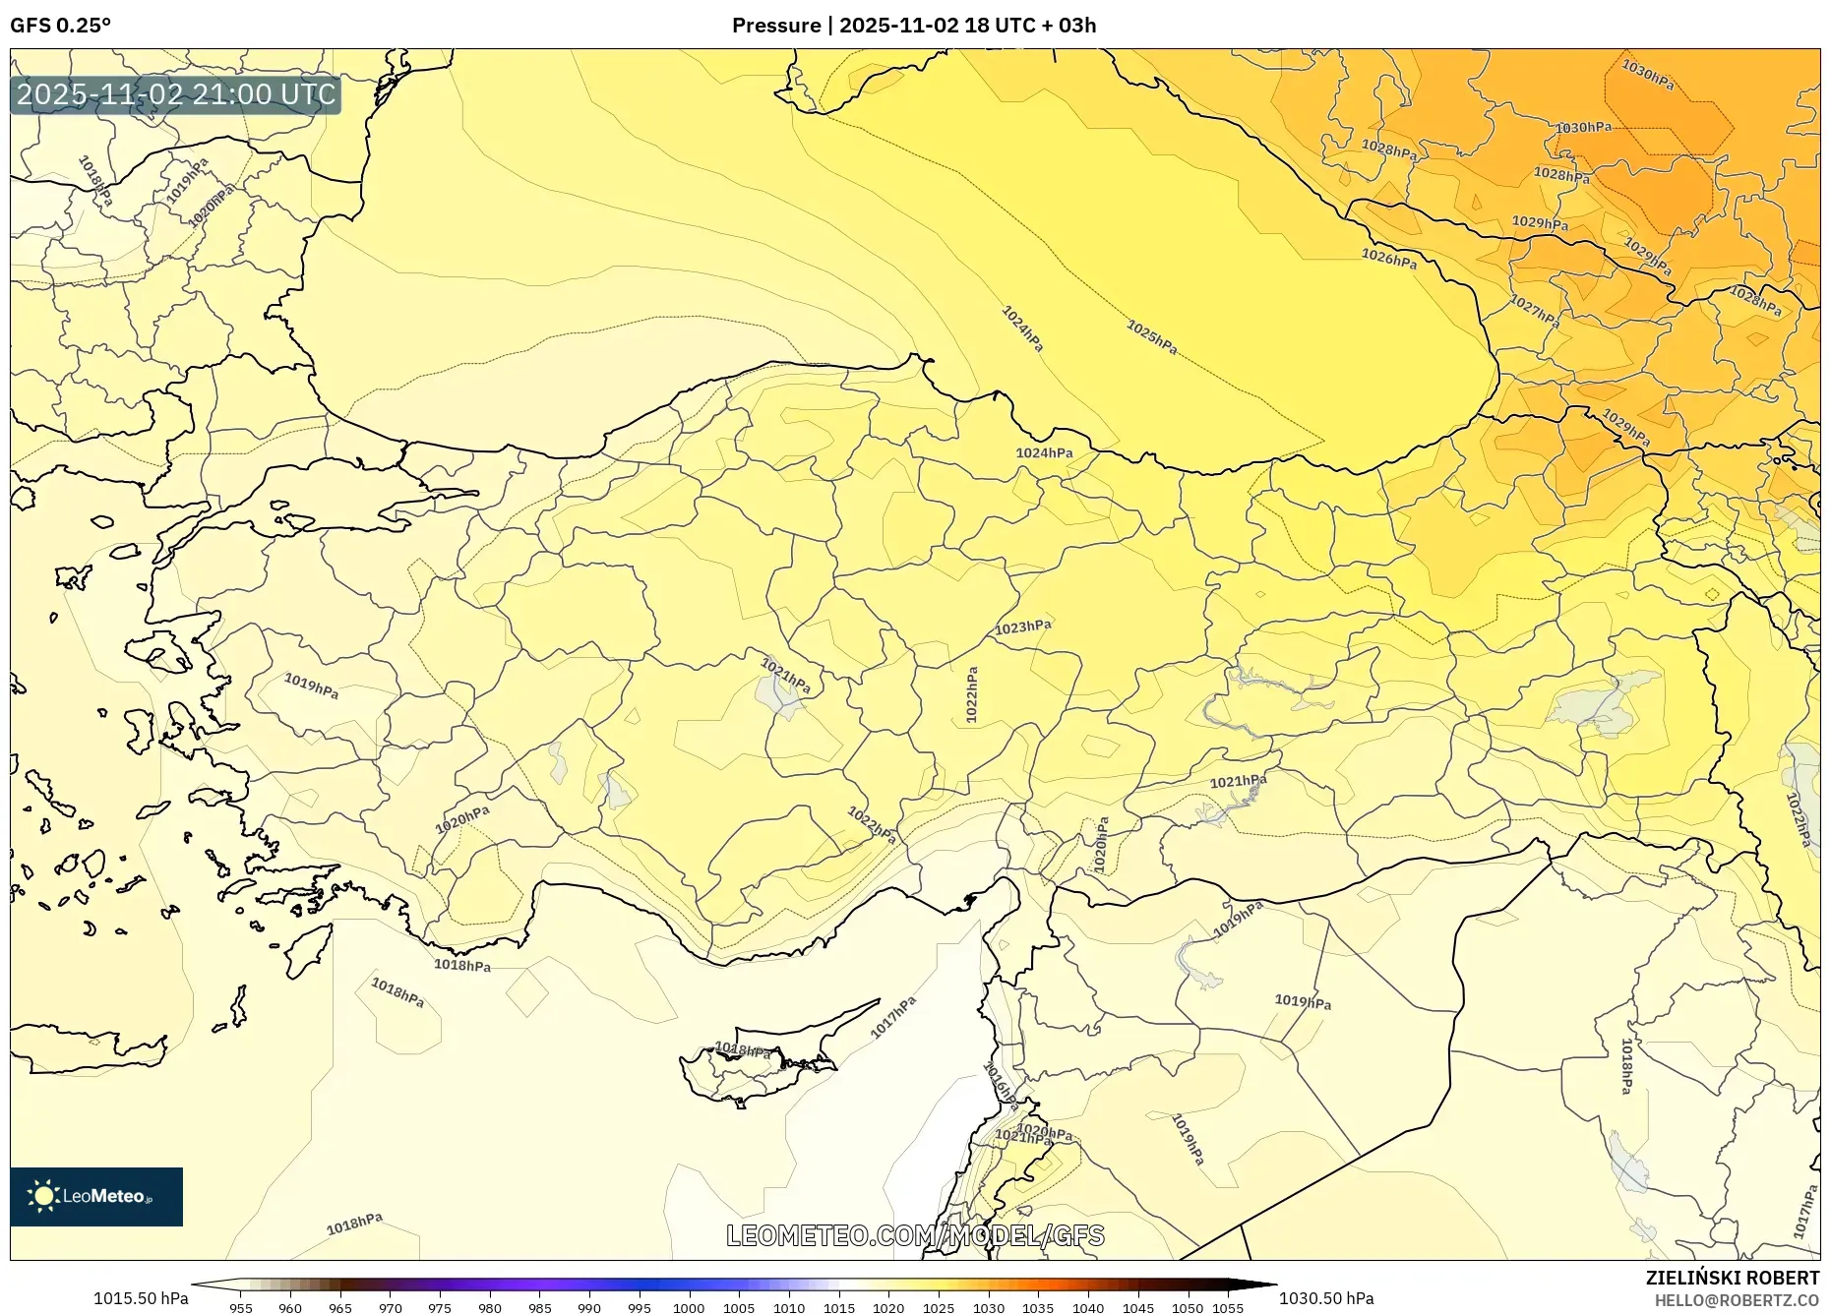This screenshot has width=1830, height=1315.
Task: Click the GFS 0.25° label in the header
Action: coord(60,26)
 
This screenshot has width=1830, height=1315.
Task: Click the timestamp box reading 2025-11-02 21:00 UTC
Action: coord(176,94)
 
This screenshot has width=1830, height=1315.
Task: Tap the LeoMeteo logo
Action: coord(96,1196)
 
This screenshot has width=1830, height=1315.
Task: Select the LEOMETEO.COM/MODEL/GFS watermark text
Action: coord(915,1235)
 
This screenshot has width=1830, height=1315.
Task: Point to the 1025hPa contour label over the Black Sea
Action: coord(1152,337)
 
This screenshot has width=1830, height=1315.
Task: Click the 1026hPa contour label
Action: coord(1388,259)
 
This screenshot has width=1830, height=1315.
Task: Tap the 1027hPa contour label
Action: coord(1535,311)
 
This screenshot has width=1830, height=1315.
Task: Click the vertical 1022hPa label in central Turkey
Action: coord(972,694)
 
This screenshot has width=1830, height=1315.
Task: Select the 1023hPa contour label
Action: coord(1023,627)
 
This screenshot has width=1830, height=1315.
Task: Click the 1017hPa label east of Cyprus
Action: coord(893,1017)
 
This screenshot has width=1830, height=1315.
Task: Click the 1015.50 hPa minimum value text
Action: coord(141,1298)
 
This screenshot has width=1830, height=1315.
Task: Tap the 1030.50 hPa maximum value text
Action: coord(1326,1298)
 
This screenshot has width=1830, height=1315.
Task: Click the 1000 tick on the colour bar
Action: coord(689,1308)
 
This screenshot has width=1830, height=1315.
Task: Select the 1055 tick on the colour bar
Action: coord(1228,1308)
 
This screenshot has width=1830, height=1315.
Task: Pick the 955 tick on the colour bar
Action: coord(241,1308)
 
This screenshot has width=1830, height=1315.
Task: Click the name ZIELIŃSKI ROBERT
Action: coord(1732,1278)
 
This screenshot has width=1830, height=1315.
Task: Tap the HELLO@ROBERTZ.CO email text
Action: coord(1736,1300)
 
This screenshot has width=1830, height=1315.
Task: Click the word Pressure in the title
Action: coord(775,26)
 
